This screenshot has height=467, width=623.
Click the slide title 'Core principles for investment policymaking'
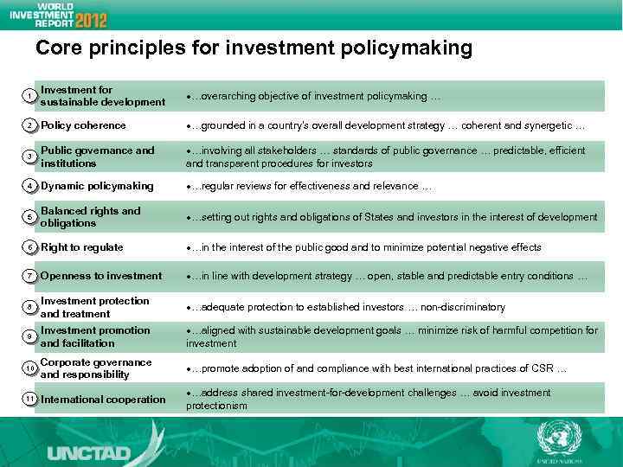[x=254, y=48]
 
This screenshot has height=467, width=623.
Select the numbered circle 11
[x=29, y=399]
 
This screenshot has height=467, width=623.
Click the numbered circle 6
[x=29, y=247]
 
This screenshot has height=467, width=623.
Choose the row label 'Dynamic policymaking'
[x=97, y=186]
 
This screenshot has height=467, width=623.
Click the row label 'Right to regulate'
[x=82, y=247]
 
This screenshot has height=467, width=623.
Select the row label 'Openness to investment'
[x=101, y=276]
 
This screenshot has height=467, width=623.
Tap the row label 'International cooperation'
[x=103, y=400]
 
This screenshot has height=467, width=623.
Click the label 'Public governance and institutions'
[x=97, y=157]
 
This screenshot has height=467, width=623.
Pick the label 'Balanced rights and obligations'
[x=90, y=217]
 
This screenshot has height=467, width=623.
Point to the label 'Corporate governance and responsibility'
[x=95, y=368]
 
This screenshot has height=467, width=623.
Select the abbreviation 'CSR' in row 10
[x=543, y=369]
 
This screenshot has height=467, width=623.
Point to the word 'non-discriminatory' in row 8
[x=463, y=308]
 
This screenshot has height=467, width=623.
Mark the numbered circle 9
[x=29, y=336]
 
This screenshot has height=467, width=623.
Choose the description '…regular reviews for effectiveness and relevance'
[x=309, y=186]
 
